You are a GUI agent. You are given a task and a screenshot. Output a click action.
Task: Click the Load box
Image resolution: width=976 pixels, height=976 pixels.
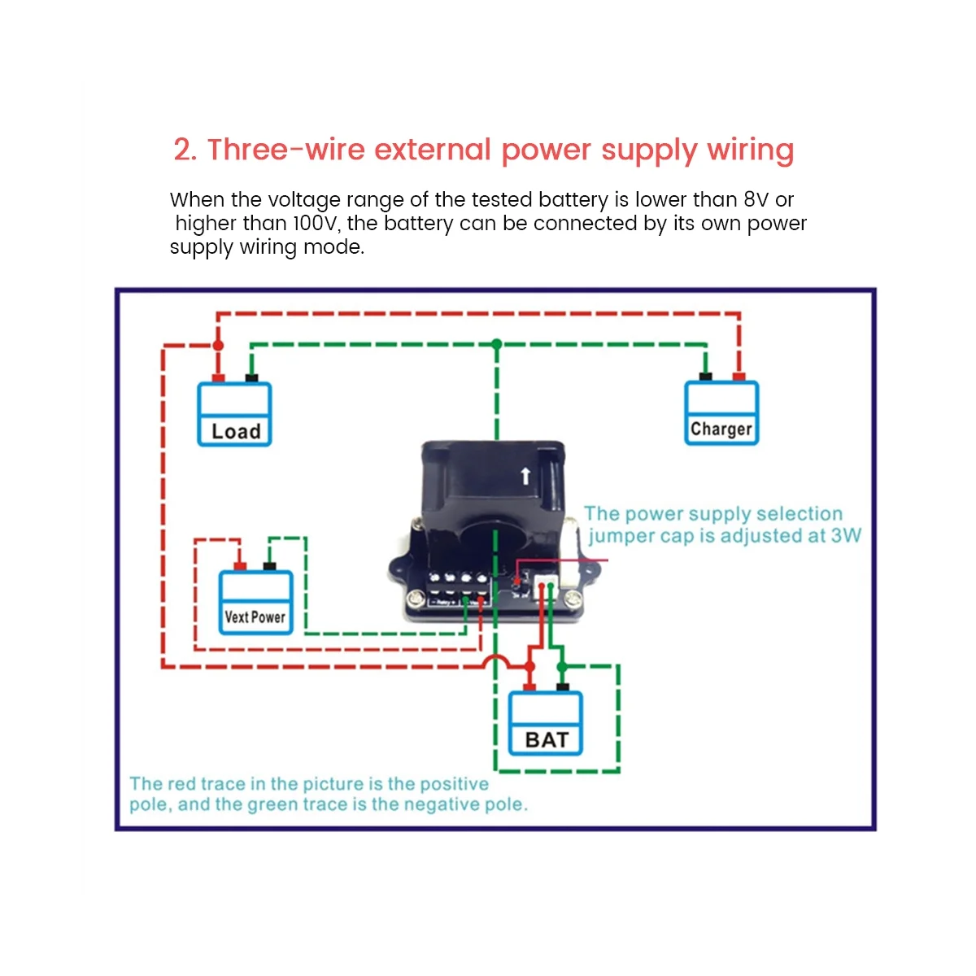[x=234, y=415]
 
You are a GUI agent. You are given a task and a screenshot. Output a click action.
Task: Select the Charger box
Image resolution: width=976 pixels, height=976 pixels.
[x=721, y=413]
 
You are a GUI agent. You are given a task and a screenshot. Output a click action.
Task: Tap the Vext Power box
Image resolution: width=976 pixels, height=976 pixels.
[x=255, y=603]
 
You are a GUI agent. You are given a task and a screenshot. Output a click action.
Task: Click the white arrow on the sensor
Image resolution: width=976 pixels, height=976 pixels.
[x=525, y=475]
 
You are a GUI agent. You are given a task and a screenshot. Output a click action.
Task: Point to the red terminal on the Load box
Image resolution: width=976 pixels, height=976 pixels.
[x=218, y=377]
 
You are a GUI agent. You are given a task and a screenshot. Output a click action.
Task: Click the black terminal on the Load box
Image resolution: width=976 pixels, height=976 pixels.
[x=251, y=377]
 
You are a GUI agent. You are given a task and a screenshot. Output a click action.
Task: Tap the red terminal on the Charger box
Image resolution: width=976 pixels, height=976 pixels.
[x=739, y=376]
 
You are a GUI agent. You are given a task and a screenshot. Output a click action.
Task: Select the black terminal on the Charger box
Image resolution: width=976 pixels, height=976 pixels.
[x=705, y=376]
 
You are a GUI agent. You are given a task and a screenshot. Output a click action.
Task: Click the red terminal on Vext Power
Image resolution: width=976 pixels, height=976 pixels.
[x=239, y=566]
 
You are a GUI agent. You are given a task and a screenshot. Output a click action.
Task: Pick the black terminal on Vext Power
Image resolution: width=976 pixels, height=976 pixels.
[x=269, y=566]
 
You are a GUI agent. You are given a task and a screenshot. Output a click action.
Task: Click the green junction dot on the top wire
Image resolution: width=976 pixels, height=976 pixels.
[x=497, y=344]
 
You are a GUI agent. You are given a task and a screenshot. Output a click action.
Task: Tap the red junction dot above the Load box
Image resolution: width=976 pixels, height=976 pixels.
[x=217, y=346]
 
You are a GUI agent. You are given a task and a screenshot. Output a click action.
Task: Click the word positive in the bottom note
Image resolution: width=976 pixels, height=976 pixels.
[x=454, y=784]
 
